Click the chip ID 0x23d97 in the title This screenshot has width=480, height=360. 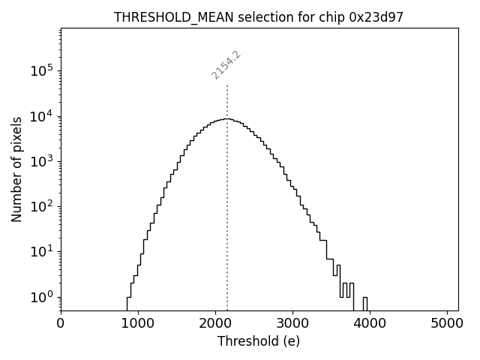[376, 17]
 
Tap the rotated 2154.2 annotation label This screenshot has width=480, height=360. [226, 65]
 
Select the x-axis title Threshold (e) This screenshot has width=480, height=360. [259, 341]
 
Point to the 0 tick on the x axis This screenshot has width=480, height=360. [61, 324]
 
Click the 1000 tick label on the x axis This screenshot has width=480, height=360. [138, 324]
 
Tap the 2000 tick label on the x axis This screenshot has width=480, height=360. [215, 324]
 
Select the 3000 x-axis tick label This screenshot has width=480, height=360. [292, 324]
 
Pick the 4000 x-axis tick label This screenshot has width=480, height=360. [370, 324]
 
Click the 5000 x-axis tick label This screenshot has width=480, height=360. [447, 324]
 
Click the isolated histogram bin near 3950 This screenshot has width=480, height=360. [365, 302]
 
